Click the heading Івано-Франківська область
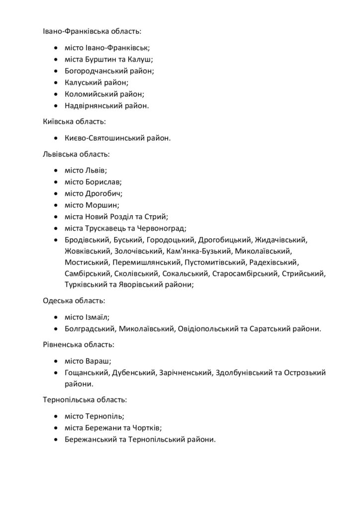click(91, 31)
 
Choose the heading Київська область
click(74, 121)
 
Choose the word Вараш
click(98, 361)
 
